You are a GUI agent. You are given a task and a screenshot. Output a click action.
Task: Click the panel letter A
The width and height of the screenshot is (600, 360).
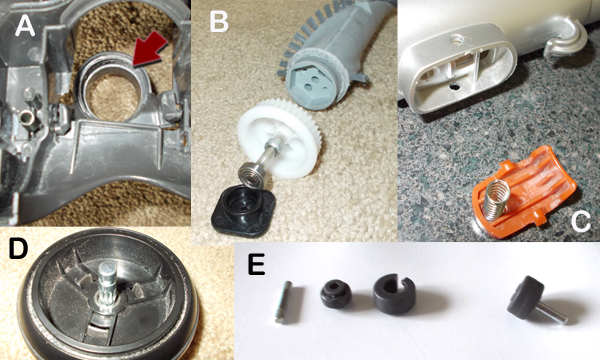pos(25,27)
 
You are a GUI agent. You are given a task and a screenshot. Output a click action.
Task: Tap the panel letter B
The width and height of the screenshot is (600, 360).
pos(219,22)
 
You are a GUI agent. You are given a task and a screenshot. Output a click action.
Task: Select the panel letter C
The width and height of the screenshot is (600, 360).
pos(580,221)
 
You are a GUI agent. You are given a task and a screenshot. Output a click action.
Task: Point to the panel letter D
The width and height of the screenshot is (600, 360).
pos(18,248)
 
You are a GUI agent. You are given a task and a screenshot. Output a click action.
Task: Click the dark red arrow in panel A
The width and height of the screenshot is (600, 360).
pos(148,49)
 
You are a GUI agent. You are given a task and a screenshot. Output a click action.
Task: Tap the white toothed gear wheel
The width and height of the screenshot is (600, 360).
pos(278,139)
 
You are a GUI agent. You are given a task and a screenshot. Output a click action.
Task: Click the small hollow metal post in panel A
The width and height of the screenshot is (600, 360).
pos(28,117)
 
